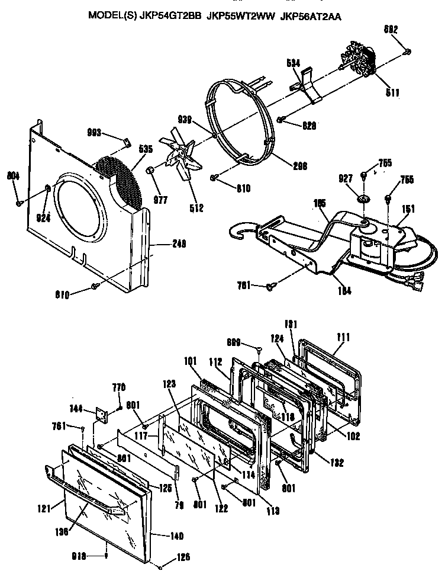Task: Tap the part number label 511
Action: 392,92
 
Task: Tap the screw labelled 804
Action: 19,202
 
